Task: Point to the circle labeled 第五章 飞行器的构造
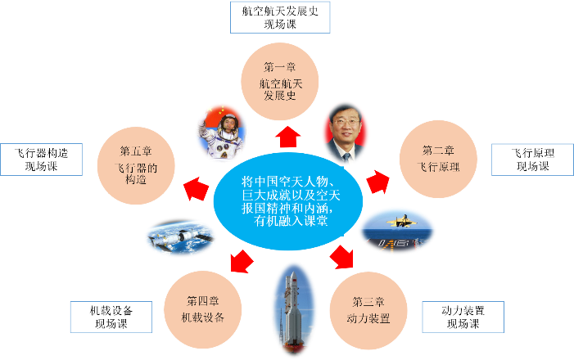pos(136,159)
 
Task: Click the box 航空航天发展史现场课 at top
pos(280,17)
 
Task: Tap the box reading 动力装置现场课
pos(463,317)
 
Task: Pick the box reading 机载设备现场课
pos(111,317)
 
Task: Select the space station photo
pos(180,238)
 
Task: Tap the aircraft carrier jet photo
pos(397,229)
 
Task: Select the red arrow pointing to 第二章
pos(377,182)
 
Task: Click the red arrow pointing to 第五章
pos(195,188)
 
